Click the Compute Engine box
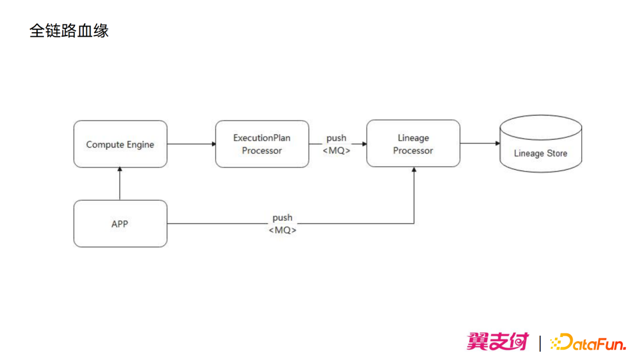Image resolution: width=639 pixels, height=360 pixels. (x=120, y=144)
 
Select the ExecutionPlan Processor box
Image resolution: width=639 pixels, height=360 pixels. (x=262, y=144)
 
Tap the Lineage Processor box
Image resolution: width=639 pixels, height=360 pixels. (x=413, y=144)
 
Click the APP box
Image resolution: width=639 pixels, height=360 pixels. (x=120, y=224)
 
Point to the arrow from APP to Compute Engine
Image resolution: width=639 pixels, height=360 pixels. (x=120, y=184)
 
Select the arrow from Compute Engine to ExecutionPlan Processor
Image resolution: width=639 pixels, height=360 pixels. (x=191, y=144)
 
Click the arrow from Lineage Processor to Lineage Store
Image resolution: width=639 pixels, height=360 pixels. (x=479, y=143)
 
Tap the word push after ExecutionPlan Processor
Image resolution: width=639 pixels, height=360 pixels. (x=336, y=138)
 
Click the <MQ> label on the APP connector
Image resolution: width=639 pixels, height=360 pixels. (x=282, y=230)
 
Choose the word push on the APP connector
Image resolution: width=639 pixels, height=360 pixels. (x=282, y=218)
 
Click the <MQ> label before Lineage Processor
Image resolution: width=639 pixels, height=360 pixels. (x=336, y=150)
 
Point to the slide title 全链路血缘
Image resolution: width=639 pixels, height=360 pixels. (x=69, y=31)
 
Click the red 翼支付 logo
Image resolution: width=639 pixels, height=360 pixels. (x=497, y=342)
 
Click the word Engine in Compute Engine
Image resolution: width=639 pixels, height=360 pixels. (x=140, y=144)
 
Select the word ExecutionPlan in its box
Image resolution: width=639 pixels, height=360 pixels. (x=262, y=138)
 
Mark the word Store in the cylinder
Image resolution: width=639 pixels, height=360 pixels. (x=556, y=153)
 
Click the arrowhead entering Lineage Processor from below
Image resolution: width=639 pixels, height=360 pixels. (x=414, y=170)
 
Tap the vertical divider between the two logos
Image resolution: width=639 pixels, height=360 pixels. (x=540, y=343)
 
